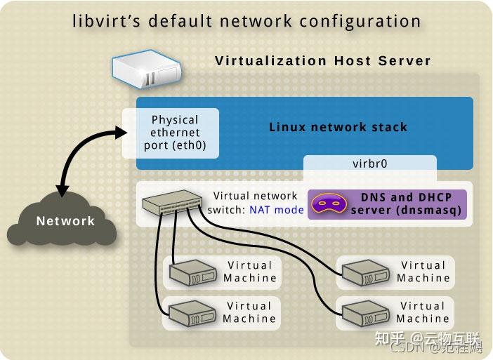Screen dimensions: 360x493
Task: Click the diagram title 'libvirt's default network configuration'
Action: coord(246,21)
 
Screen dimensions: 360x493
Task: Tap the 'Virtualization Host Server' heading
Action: coord(322,60)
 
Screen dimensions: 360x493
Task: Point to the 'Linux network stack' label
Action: coord(338,127)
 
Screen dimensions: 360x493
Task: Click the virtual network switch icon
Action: coord(171,204)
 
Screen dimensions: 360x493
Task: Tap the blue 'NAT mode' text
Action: coord(277,210)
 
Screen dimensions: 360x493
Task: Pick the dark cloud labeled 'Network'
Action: coord(65,221)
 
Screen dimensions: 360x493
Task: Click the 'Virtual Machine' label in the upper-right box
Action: coord(423,272)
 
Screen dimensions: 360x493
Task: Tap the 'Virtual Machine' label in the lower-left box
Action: coord(249,312)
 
